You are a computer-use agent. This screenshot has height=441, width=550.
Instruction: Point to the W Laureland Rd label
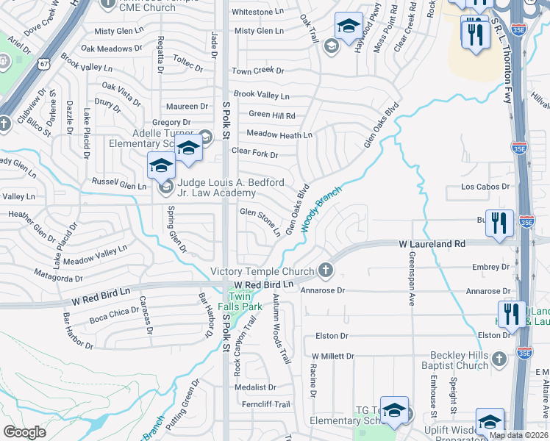tap(432, 243)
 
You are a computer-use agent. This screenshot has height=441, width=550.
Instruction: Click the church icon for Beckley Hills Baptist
tap(500, 359)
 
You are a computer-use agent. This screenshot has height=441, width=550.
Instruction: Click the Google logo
tap(24, 431)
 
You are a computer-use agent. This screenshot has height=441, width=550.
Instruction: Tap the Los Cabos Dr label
tap(485, 187)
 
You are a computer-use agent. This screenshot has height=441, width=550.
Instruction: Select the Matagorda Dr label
tap(58, 276)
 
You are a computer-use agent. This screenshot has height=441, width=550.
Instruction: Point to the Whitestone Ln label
tap(258, 12)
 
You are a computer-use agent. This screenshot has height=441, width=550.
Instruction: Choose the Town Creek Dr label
tap(258, 71)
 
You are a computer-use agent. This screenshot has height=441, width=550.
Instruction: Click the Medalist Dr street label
tap(257, 387)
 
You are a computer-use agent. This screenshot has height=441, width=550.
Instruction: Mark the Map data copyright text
tap(519, 435)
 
